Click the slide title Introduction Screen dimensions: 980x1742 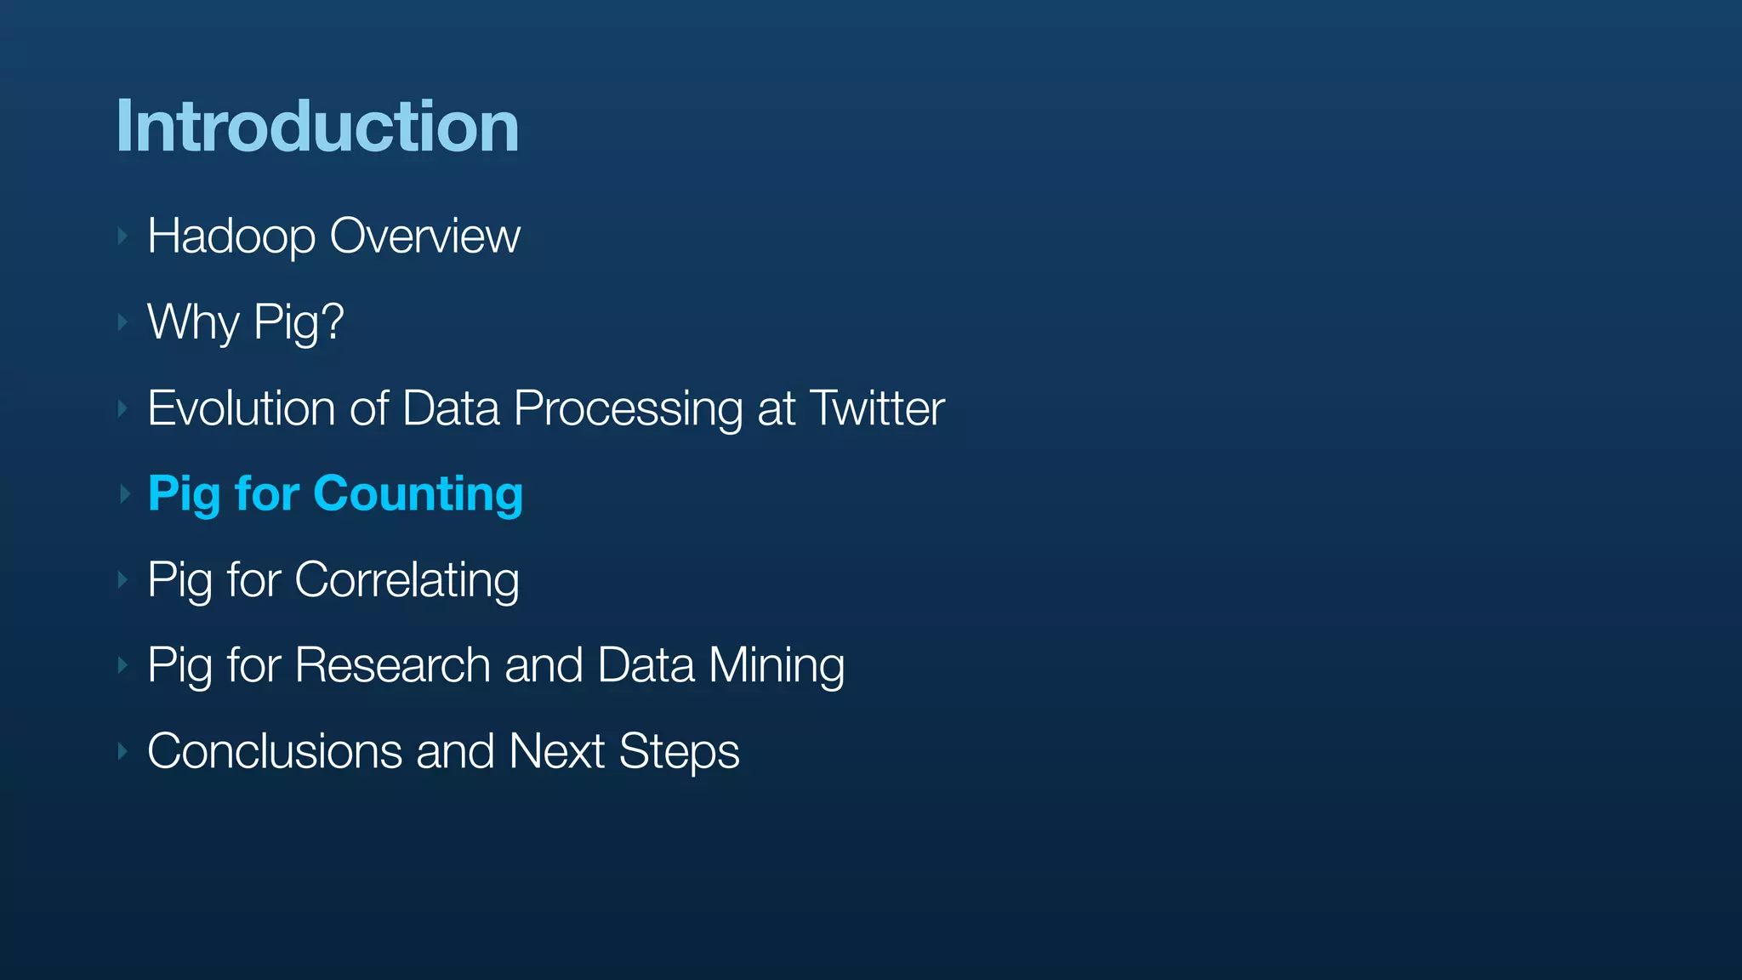(x=317, y=126)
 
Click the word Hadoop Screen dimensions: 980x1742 (x=231, y=236)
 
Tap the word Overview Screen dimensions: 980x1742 (x=424, y=236)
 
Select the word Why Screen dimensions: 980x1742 (x=193, y=322)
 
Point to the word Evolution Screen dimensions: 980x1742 (x=242, y=408)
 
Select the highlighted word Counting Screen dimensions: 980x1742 (x=418, y=495)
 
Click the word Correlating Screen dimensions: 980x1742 (x=407, y=581)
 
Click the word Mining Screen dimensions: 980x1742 (x=777, y=666)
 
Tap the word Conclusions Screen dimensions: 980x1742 (x=274, y=751)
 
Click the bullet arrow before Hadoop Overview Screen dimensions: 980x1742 (x=123, y=236)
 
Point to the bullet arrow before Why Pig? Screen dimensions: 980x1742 (x=123, y=322)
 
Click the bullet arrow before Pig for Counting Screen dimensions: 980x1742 (x=123, y=493)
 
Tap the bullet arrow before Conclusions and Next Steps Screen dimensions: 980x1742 (x=123, y=751)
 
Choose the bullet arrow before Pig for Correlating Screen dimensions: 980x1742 (x=123, y=580)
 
